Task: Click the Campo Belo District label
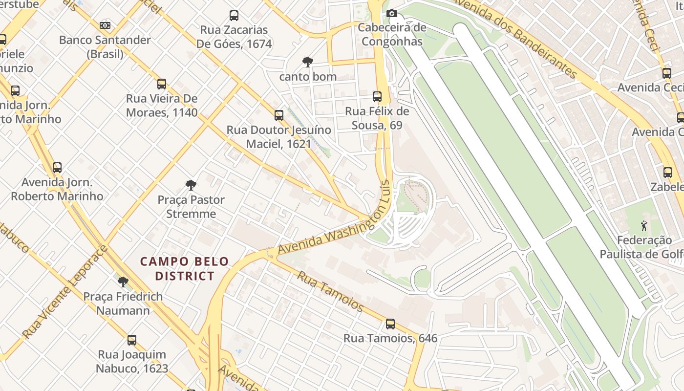click(184, 269)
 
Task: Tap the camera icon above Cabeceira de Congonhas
click(391, 14)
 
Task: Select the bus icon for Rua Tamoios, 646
click(390, 324)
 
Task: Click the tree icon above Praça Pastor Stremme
click(191, 185)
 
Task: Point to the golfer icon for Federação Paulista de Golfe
click(643, 226)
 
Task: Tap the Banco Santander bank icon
click(105, 25)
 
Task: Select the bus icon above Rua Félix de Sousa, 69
click(377, 97)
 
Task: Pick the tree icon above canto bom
click(307, 62)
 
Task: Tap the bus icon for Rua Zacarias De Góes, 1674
click(234, 16)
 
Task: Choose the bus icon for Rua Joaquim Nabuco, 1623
click(131, 340)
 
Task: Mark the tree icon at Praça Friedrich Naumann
click(123, 282)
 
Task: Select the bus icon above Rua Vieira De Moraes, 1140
click(162, 84)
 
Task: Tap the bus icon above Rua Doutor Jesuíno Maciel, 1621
click(278, 115)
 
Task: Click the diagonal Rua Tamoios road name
click(331, 291)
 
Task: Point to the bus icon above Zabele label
click(667, 172)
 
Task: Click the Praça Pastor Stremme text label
click(191, 207)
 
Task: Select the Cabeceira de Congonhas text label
click(392, 34)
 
